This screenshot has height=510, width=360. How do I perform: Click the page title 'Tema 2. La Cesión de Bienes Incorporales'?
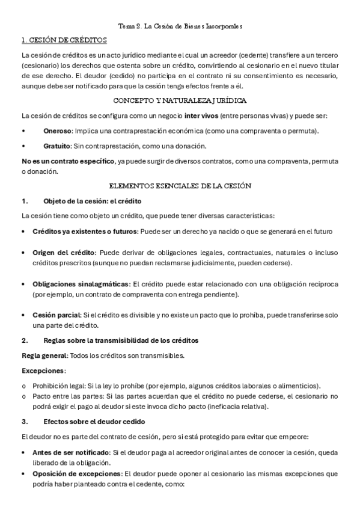tap(180, 27)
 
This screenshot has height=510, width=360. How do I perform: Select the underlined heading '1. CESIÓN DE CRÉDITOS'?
tap(64, 41)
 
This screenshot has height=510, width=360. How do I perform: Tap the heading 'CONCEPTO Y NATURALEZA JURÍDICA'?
tap(180, 100)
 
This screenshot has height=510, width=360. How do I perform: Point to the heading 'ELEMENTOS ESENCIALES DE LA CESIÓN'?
tap(180, 186)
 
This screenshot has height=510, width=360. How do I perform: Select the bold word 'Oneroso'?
tap(57, 131)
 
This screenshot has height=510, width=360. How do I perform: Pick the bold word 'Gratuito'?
tap(57, 146)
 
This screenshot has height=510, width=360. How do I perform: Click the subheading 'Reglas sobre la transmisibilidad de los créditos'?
tap(121, 340)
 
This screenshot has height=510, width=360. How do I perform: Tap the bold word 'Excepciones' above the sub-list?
tap(42, 370)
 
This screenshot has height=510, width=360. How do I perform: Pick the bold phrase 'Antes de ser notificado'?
tap(69, 452)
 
